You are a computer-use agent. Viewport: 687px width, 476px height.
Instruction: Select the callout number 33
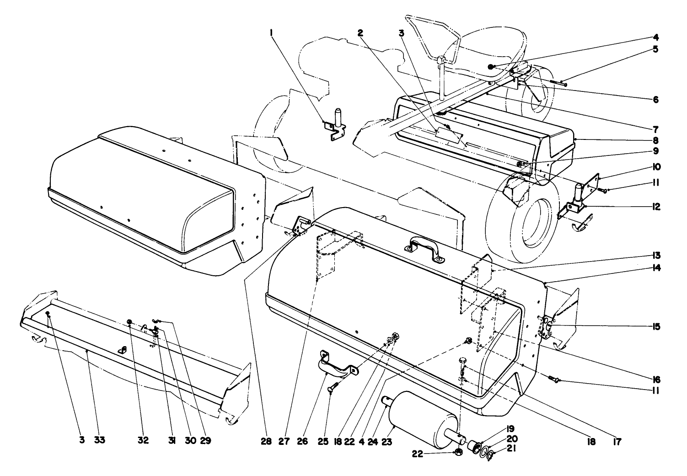(100, 440)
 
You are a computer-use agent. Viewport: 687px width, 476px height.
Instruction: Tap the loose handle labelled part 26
(336, 361)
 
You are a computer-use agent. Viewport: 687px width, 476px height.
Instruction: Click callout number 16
(656, 379)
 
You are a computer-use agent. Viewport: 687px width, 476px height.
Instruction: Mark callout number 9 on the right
(656, 150)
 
